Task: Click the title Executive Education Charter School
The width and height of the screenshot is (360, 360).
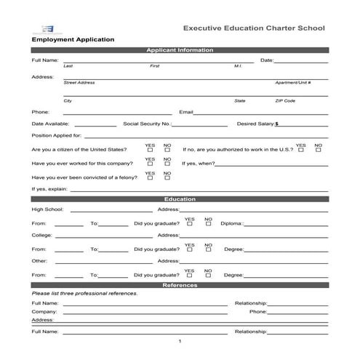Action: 253,28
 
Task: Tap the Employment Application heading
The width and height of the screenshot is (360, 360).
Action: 73,39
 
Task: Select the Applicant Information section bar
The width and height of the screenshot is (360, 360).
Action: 180,50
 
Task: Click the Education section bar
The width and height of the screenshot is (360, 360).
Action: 180,199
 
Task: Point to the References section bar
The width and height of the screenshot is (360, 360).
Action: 180,285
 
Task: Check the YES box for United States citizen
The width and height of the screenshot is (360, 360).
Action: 150,150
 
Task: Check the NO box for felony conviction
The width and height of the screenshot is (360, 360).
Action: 167,177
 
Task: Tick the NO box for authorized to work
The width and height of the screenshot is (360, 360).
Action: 319,150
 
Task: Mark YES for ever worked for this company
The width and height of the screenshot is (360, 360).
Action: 150,164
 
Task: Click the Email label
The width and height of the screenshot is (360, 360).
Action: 186,112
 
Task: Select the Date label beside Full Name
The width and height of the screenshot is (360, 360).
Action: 267,60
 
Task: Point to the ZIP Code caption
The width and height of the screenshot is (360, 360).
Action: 285,100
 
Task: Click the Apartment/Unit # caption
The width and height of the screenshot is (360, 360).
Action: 293,83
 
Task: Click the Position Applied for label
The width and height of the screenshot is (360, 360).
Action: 57,135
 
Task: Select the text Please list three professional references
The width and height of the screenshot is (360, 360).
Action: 84,293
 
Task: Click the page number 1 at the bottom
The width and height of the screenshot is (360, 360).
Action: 180,341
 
